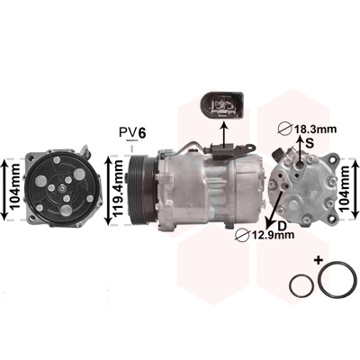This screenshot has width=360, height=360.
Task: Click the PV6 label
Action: (132, 132)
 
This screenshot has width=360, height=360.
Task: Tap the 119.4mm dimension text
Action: (118, 189)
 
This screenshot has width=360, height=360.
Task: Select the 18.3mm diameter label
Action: (307, 130)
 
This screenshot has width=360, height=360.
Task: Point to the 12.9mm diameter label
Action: (265, 235)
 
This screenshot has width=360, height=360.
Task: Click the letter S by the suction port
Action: (310, 143)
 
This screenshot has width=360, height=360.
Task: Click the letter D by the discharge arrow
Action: (282, 226)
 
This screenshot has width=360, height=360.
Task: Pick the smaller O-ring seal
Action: (301, 286)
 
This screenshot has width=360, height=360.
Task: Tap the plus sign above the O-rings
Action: (318, 259)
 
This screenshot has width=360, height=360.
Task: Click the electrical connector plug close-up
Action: (221, 106)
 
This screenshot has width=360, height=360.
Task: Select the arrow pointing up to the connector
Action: (224, 134)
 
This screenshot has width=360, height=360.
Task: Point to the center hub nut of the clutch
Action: (61, 189)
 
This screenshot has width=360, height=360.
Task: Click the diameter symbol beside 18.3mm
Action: (285, 130)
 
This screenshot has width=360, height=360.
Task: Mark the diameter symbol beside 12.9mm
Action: (243, 235)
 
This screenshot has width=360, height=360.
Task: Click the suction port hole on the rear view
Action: (301, 165)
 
